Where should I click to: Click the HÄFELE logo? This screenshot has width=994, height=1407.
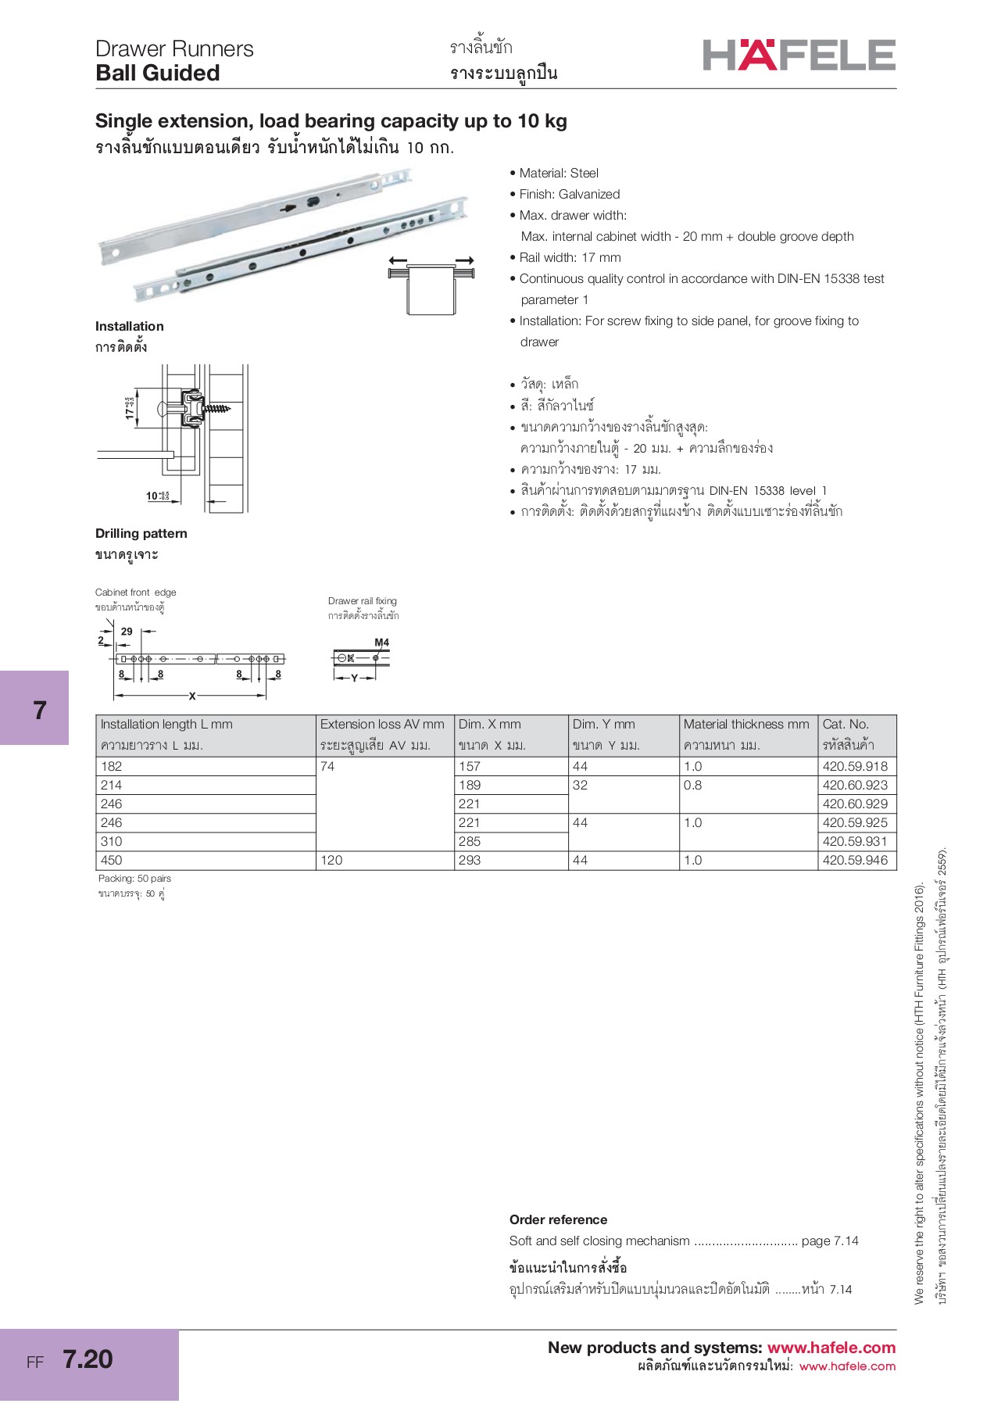pyautogui.click(x=799, y=55)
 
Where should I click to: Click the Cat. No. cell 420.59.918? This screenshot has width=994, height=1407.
pyautogui.click(x=855, y=766)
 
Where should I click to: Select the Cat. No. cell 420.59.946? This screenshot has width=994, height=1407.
pyautogui.click(x=855, y=860)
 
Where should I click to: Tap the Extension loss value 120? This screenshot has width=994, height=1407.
pyautogui.click(x=331, y=860)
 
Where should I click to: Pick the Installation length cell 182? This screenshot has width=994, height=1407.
pyautogui.click(x=112, y=766)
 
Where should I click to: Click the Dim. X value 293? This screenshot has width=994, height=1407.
pyautogui.click(x=470, y=860)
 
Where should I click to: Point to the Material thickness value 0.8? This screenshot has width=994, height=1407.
pyautogui.click(x=692, y=785)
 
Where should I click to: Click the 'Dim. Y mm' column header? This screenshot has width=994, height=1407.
pyautogui.click(x=603, y=725)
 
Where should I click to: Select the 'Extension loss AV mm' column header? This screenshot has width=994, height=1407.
pyautogui.click(x=382, y=725)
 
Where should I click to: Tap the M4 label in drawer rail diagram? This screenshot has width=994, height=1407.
pyautogui.click(x=381, y=643)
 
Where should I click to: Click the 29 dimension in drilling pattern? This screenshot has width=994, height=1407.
pyautogui.click(x=127, y=632)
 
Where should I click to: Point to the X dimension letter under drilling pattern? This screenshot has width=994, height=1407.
pyautogui.click(x=192, y=696)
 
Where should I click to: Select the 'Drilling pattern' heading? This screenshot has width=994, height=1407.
pyautogui.click(x=141, y=533)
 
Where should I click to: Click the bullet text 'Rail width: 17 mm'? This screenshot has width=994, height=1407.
pyautogui.click(x=570, y=257)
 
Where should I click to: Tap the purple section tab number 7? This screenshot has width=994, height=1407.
pyautogui.click(x=40, y=710)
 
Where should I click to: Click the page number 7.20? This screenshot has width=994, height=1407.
pyautogui.click(x=88, y=1359)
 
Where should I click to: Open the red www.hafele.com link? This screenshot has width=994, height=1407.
pyautogui.click(x=831, y=1348)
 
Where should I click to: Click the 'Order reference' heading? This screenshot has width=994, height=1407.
pyautogui.click(x=558, y=1219)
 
